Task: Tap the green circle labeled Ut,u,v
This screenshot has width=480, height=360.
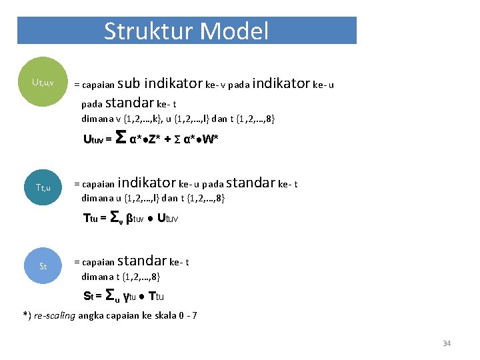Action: [x=43, y=83]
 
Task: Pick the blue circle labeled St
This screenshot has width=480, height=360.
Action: [x=43, y=266]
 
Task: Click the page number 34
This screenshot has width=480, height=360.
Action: [x=447, y=343]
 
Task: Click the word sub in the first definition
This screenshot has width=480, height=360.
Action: [x=129, y=84]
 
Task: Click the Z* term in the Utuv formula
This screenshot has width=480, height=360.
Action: [x=155, y=139]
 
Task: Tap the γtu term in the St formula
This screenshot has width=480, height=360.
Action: [x=133, y=296]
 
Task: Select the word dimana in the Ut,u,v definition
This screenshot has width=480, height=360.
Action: [x=97, y=119]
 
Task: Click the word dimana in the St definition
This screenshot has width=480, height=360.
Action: [x=97, y=277]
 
